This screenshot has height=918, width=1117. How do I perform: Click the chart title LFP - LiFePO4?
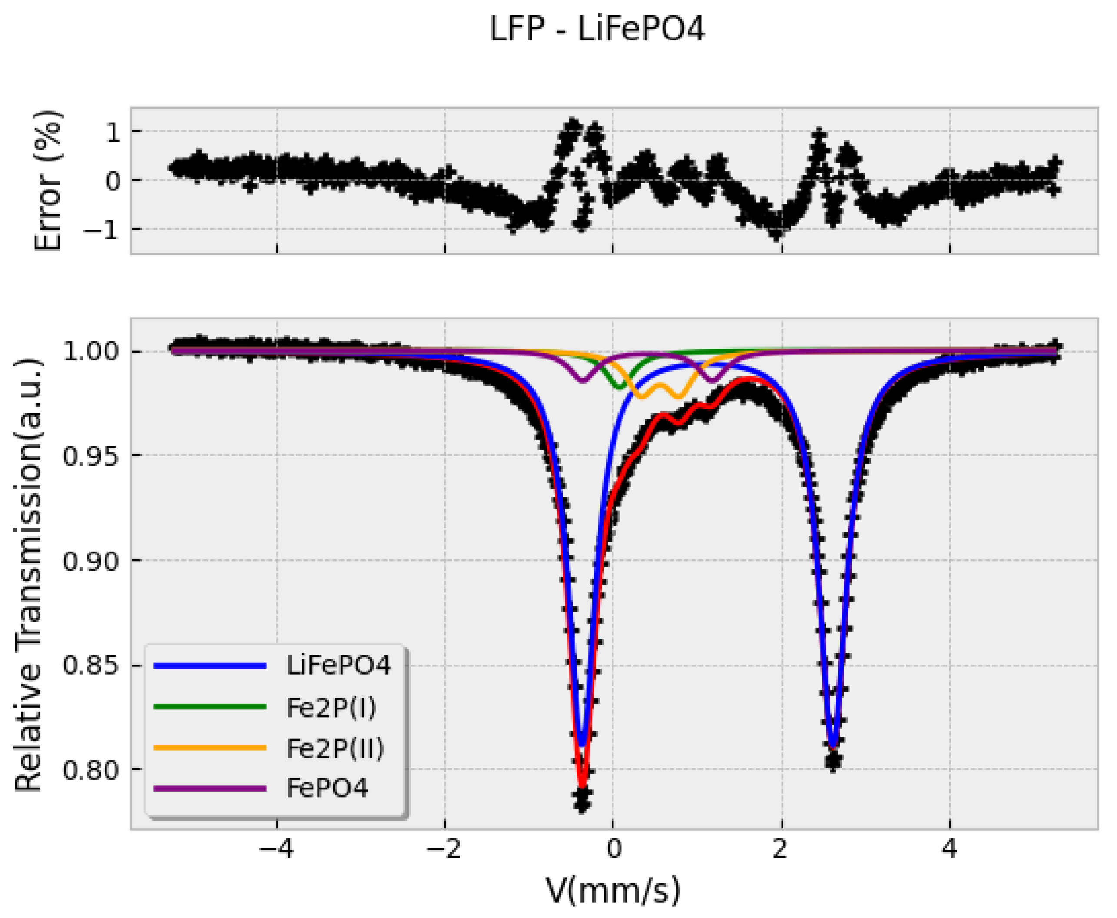[596, 30]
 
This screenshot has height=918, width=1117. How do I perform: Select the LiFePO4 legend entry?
[338, 665]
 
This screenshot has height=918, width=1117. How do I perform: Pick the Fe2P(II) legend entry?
[335, 748]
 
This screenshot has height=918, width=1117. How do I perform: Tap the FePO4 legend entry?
[327, 788]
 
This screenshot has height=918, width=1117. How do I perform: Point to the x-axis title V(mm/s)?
[613, 891]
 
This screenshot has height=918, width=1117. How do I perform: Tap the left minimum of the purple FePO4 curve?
[583, 380]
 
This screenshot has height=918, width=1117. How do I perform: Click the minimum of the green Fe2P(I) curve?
[620, 388]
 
